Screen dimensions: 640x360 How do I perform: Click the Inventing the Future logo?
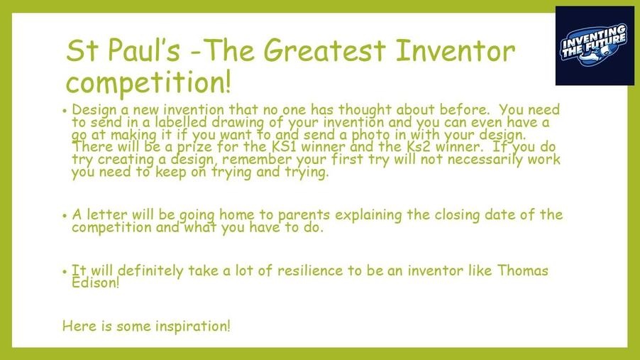tap(595, 45)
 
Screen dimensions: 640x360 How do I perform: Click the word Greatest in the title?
tap(324, 50)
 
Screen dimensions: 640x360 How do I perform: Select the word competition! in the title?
tap(148, 82)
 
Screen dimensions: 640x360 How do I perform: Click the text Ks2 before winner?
tap(419, 146)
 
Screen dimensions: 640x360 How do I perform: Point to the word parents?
tap(304, 215)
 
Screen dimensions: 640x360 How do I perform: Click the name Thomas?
tap(523, 271)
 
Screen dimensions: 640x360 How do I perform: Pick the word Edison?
tap(96, 283)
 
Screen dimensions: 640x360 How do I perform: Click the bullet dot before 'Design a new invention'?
tap(65, 111)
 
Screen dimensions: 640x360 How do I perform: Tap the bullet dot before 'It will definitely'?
tap(65, 272)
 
